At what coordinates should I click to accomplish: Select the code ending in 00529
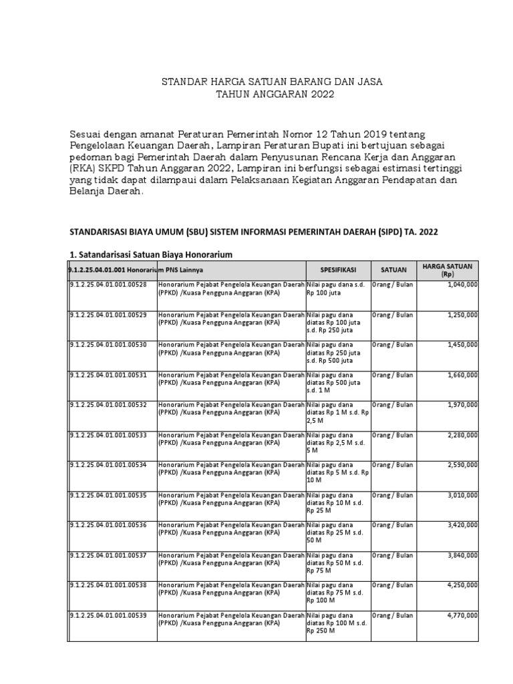click(x=108, y=314)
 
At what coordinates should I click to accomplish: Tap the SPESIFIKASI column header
click(x=337, y=270)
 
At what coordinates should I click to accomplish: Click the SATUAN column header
click(x=394, y=270)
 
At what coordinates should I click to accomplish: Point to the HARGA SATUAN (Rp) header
click(x=447, y=270)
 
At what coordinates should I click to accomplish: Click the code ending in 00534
click(x=108, y=464)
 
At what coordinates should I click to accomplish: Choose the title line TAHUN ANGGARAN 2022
click(x=265, y=96)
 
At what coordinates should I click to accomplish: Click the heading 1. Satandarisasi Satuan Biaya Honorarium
click(x=151, y=254)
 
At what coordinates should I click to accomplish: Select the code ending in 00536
click(x=108, y=525)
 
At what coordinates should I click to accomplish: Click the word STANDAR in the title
click(x=184, y=82)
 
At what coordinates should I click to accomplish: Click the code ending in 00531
click(x=108, y=374)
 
